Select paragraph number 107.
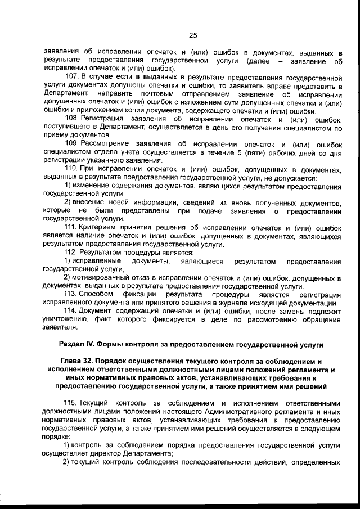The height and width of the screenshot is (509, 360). [72, 76]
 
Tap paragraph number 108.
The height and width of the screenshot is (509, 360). [72, 119]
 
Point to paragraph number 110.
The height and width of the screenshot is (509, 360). [72, 170]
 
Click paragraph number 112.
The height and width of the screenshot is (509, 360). [72, 253]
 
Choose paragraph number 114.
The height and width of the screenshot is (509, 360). [72, 311]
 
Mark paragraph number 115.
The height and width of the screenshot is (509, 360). [72, 403]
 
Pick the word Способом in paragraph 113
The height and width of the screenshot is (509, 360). [97, 295]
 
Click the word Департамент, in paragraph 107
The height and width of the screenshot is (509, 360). [66, 93]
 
